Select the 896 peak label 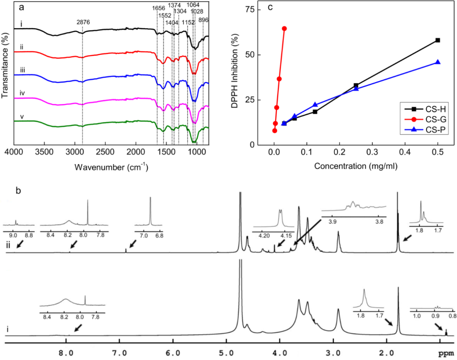(x=204, y=20)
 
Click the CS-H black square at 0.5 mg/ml (x=438, y=40)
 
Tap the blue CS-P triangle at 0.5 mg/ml (x=438, y=62)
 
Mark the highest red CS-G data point (x=284, y=29)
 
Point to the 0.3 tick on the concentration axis (x=373, y=153)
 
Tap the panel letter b (x=18, y=190)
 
